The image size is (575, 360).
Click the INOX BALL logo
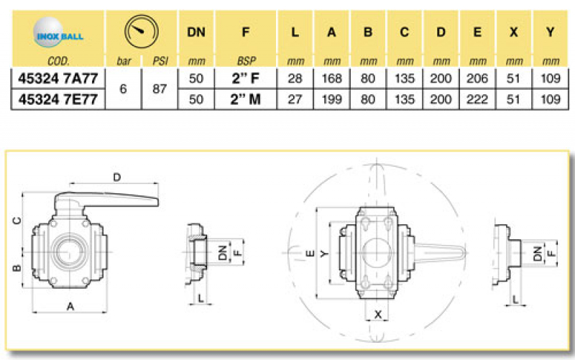coord(58,32)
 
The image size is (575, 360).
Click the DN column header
coord(195,32)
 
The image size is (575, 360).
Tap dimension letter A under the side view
coord(70,307)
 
